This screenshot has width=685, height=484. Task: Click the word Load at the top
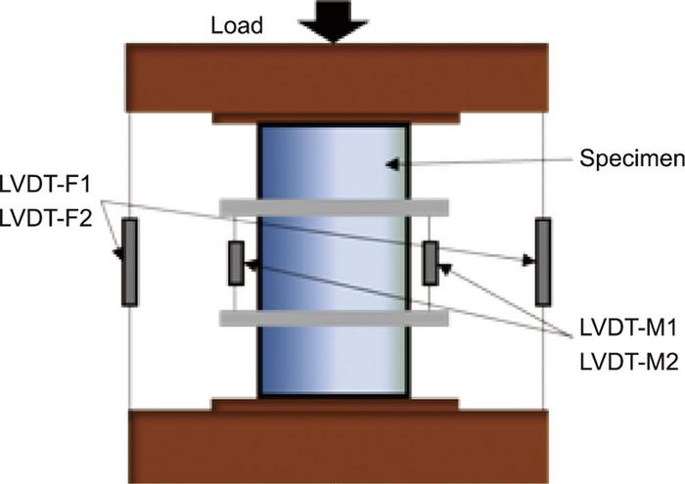(238, 25)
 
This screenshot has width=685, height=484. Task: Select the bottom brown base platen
(334, 446)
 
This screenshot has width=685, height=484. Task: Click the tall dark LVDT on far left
(129, 261)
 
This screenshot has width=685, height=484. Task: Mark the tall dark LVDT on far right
(543, 261)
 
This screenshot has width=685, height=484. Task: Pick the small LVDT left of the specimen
(235, 263)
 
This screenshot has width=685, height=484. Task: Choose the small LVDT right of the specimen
(430, 263)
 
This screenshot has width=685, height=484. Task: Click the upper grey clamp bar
(334, 207)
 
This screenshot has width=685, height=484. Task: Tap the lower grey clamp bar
(334, 317)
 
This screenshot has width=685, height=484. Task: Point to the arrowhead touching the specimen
(392, 164)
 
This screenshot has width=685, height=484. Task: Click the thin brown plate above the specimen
(334, 118)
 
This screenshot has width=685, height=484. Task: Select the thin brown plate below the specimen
(334, 403)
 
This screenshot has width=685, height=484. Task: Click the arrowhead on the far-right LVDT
(529, 260)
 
